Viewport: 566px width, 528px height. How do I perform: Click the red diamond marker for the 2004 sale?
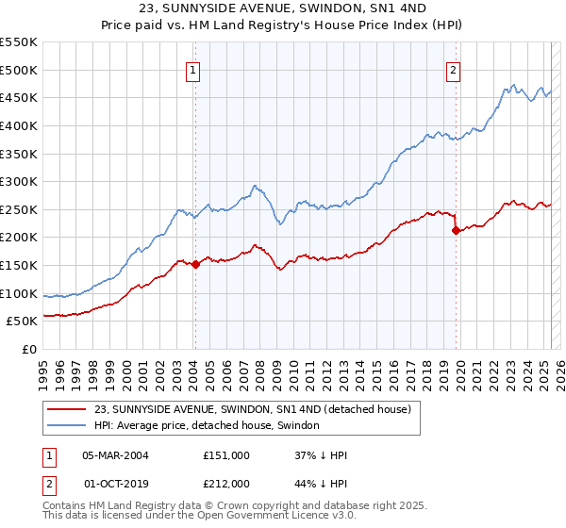[x=195, y=265]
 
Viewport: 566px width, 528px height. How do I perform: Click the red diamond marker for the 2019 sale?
[x=456, y=230]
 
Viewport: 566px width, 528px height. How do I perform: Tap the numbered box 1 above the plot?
[x=192, y=69]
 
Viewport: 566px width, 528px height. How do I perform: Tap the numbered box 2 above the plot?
[x=454, y=69]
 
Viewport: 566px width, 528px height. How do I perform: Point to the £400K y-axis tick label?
[x=19, y=125]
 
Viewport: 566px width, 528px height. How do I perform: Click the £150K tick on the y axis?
[x=19, y=266]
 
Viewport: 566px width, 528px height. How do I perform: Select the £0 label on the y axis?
[x=30, y=350]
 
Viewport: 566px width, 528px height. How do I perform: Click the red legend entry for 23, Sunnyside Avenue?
[x=253, y=410]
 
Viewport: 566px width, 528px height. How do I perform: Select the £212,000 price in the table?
[x=225, y=484]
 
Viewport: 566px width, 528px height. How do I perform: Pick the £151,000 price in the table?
[x=225, y=455]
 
